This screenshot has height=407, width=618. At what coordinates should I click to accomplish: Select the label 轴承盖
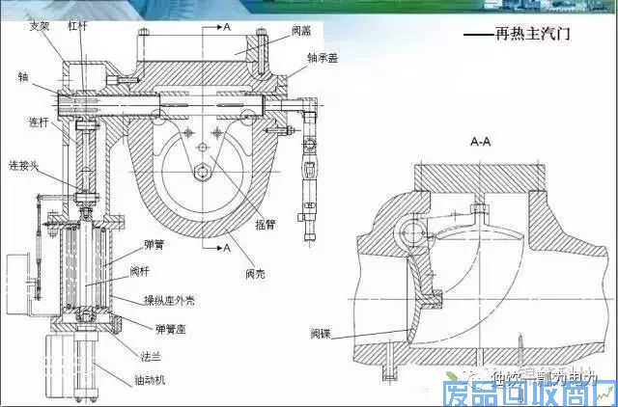(x=322, y=56)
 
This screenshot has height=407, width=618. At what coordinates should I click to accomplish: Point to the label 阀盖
(x=299, y=30)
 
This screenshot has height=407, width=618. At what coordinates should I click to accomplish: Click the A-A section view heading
(x=482, y=141)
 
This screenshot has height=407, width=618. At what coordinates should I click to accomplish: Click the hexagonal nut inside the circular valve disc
(x=205, y=173)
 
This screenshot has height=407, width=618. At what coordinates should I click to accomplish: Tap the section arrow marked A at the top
(x=226, y=26)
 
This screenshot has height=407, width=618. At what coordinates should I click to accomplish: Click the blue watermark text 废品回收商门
(x=527, y=392)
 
